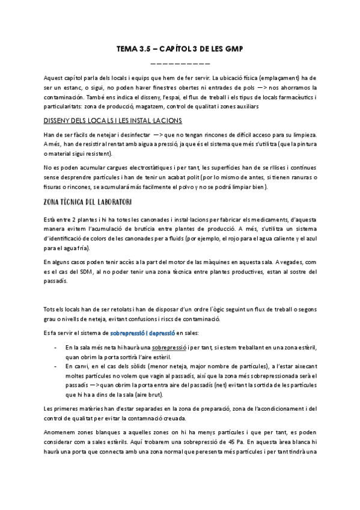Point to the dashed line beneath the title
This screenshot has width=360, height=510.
179,63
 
